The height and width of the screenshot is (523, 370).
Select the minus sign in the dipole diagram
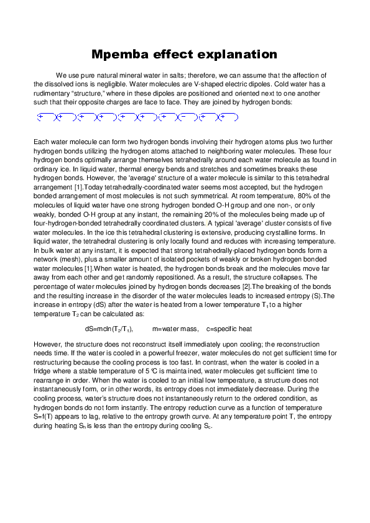(x=183, y=116)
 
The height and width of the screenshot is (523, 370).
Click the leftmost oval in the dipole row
(x=45, y=116)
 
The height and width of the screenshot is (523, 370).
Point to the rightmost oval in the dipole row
(x=229, y=116)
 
